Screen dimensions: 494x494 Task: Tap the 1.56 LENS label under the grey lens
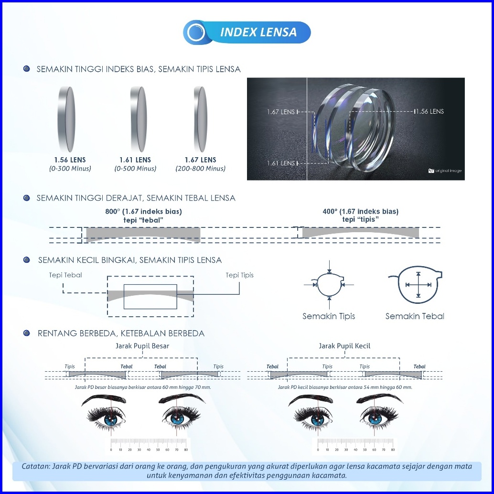[x=70, y=160]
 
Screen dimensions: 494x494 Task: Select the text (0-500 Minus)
[x=135, y=169]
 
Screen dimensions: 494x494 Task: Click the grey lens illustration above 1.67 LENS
[x=200, y=118]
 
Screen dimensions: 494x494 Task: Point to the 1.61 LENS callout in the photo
[x=281, y=163]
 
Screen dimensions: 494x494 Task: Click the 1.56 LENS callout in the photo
[x=429, y=111]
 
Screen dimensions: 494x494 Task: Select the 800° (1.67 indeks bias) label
[x=143, y=211]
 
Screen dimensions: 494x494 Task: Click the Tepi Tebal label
[x=65, y=275]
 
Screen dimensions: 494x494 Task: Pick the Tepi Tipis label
[x=240, y=275]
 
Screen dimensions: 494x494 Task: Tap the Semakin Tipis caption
[x=329, y=316]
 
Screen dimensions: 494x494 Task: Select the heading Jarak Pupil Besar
[x=142, y=346]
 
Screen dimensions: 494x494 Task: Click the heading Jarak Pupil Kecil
[x=344, y=346]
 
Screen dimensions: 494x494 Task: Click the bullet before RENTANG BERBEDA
[x=27, y=333]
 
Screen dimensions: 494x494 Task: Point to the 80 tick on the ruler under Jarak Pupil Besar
[x=186, y=450]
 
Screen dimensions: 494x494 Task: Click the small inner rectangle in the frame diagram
[x=150, y=296]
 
